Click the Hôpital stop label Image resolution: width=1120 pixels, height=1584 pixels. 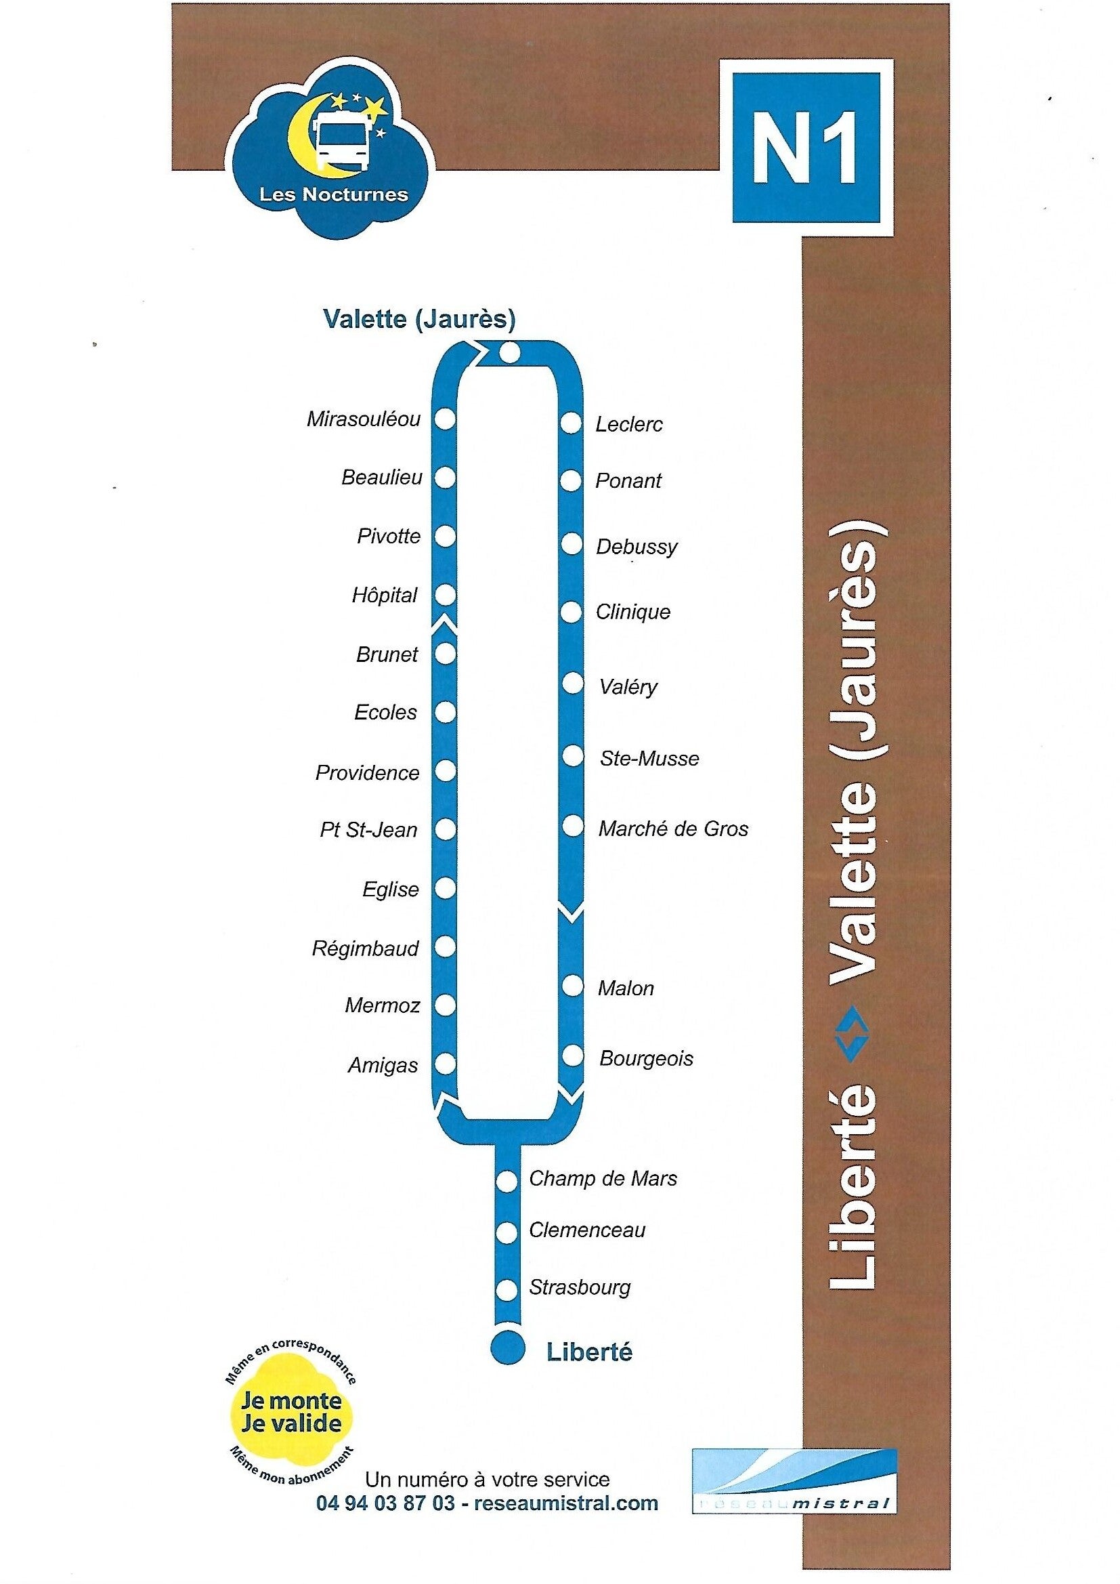pyautogui.click(x=384, y=595)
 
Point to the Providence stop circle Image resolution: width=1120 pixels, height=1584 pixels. pyautogui.click(x=446, y=770)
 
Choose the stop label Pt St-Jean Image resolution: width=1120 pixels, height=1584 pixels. pyautogui.click(x=368, y=829)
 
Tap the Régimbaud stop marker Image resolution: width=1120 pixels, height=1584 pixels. pyautogui.click(x=446, y=946)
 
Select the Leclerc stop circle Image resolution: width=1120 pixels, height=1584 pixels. pyautogui.click(x=571, y=423)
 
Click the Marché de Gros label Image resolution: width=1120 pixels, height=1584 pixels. pyautogui.click(x=673, y=829)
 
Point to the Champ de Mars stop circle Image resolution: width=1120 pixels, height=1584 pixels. pyautogui.click(x=507, y=1182)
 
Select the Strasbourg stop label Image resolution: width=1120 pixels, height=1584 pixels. pyautogui.click(x=580, y=1288)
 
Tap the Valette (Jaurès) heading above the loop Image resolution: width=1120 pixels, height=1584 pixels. pyautogui.click(x=419, y=319)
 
